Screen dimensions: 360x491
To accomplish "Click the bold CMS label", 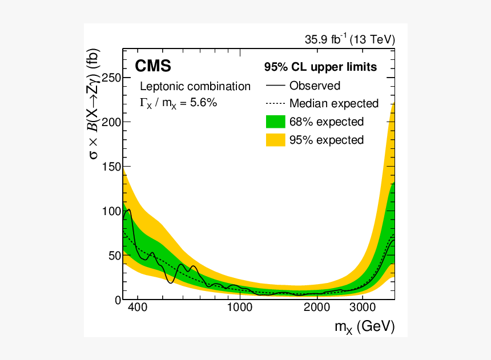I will point(153,67).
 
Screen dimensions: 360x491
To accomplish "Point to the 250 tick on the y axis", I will point(110,78).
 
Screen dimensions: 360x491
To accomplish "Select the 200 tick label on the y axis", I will point(110,123).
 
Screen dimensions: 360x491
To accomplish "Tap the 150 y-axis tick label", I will point(110,167).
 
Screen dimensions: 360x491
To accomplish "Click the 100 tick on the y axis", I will point(110,211).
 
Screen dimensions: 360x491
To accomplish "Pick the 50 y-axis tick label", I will point(113,256).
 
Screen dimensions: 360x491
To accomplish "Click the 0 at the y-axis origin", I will point(116,300).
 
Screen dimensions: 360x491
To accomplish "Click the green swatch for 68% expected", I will point(275,122).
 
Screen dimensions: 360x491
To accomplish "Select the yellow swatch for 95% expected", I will point(275,140).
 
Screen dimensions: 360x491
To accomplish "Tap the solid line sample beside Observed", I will point(275,86).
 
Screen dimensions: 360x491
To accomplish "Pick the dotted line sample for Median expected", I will point(275,104).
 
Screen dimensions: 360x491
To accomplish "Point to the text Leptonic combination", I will point(195,87).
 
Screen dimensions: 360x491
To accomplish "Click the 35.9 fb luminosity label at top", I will point(350,40).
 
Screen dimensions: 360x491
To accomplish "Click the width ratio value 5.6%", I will point(202,103).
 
